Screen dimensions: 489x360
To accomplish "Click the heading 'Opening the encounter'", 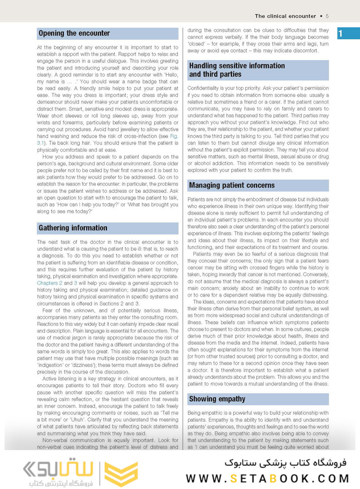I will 74,34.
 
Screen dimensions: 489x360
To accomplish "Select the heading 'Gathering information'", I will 73,228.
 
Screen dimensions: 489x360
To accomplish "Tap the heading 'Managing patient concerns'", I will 232,185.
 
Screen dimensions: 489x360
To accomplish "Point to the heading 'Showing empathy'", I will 217,399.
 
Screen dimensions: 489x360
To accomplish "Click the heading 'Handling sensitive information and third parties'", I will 237,70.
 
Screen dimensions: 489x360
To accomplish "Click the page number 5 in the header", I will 327,16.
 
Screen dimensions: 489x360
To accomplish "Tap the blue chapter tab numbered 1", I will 341,34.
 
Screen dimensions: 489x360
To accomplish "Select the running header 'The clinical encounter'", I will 285,16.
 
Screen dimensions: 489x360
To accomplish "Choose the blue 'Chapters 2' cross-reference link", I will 49,283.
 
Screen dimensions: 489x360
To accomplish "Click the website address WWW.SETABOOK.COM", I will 267,478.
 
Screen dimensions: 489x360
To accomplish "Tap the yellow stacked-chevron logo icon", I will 121,474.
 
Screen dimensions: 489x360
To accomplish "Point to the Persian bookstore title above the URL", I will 285,462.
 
